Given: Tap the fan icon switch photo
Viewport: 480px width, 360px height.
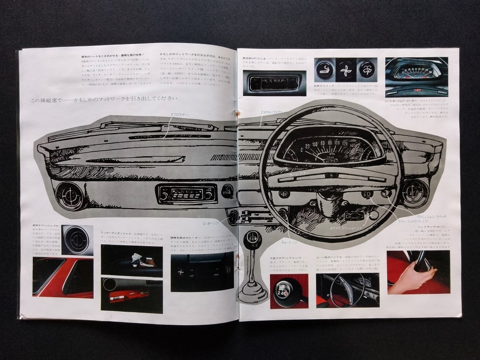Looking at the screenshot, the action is [x=346, y=70].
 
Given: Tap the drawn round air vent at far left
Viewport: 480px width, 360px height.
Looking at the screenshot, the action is [x=69, y=195].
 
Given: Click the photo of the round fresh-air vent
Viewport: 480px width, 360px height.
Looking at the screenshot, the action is [x=77, y=240].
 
